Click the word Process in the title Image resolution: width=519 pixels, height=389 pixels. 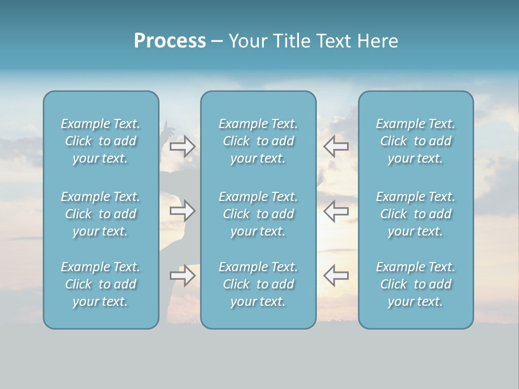(x=170, y=41)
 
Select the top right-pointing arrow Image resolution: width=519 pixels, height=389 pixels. (x=183, y=146)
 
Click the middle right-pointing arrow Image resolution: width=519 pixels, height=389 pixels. (x=183, y=211)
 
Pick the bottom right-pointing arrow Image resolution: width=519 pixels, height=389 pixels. (x=183, y=276)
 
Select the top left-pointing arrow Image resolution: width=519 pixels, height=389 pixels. (x=336, y=146)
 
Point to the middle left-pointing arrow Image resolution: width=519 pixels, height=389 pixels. (x=336, y=211)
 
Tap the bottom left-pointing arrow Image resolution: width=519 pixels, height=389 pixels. (x=336, y=276)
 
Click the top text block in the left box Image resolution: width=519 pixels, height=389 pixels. (x=101, y=141)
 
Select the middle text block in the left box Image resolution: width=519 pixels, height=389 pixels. (x=101, y=214)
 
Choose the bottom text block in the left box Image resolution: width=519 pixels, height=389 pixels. (x=101, y=284)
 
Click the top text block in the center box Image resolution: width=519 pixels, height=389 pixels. (x=258, y=141)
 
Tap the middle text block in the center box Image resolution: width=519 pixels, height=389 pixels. (x=258, y=214)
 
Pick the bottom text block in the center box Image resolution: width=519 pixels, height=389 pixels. (x=258, y=284)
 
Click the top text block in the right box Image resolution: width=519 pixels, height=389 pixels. (x=416, y=141)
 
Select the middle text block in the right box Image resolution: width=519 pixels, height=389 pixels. (x=416, y=214)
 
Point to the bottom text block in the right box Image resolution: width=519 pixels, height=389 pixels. (x=416, y=284)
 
